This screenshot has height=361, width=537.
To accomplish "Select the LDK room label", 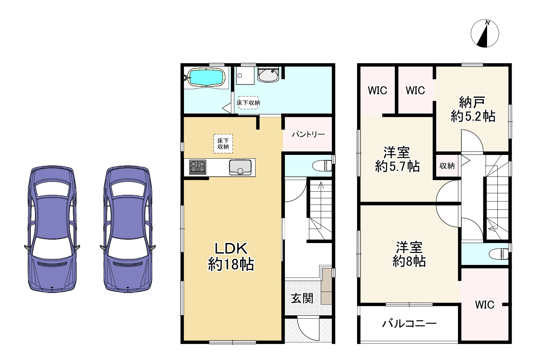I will (231, 256).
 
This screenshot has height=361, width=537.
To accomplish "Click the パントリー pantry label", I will (308, 134).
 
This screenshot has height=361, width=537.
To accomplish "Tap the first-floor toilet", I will (322, 166).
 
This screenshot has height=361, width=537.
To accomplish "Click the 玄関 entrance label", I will (302, 298).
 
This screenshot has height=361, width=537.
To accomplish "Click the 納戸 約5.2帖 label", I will (473, 109).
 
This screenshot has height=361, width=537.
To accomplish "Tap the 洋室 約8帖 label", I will (409, 254).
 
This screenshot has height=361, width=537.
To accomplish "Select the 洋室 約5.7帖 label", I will (397, 159).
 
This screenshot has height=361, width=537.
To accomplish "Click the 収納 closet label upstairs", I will (447, 166).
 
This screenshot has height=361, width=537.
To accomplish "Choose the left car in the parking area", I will (52, 229).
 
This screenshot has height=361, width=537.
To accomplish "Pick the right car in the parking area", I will (128, 229).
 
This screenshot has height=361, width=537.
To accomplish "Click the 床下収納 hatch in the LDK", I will (223, 144).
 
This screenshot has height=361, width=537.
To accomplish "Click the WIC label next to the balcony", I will (484, 305).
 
